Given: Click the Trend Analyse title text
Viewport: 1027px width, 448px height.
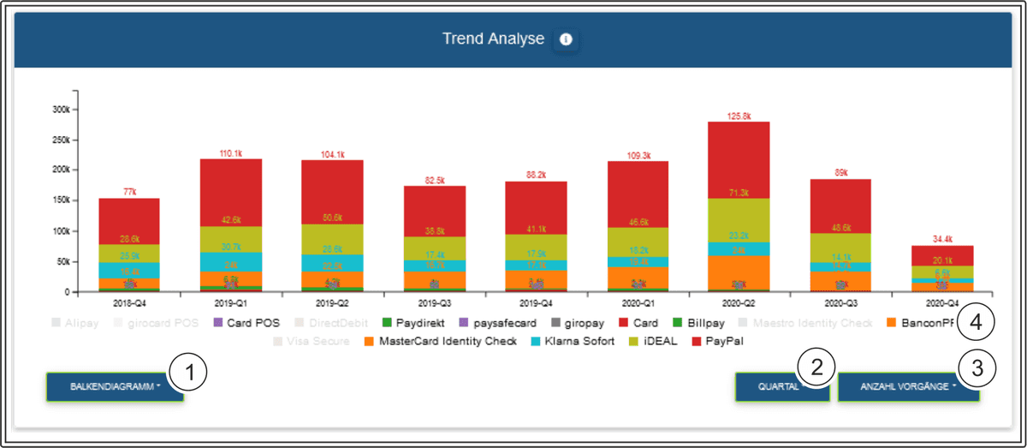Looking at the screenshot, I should (492, 39).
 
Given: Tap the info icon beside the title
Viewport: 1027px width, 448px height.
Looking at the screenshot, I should (566, 39).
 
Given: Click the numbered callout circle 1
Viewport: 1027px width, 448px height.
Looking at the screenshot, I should (189, 374).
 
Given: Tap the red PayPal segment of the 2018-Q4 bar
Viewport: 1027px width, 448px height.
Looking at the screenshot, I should (128, 221).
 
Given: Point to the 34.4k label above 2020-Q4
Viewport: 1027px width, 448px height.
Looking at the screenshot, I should (941, 238).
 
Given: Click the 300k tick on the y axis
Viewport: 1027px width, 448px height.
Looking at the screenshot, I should (60, 110).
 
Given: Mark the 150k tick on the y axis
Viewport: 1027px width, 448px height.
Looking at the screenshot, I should (60, 200).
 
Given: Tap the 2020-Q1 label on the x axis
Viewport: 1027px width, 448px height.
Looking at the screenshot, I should (636, 303).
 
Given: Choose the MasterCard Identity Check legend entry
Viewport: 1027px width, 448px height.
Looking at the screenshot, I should (440, 341).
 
